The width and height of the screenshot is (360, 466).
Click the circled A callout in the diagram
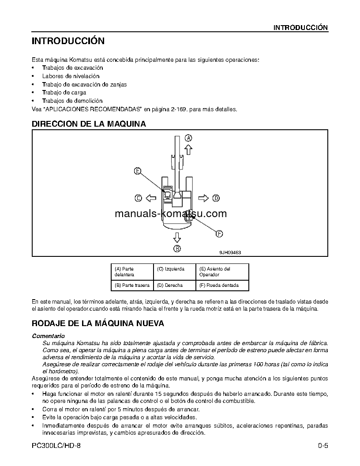(x=188, y=137)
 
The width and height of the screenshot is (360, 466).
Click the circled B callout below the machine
(x=177, y=248)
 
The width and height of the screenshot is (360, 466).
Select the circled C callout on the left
(x=138, y=198)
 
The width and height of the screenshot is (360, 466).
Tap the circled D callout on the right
(x=216, y=198)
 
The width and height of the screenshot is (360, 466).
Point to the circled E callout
(x=138, y=171)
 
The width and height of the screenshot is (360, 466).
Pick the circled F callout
(x=219, y=234)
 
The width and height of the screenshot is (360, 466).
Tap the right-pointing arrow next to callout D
(x=203, y=198)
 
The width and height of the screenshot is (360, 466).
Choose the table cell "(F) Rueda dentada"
(x=222, y=285)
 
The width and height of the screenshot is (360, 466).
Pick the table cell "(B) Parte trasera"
(x=132, y=285)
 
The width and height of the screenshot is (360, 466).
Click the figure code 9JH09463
(x=230, y=253)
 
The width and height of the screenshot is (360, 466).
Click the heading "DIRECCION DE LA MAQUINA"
(x=89, y=124)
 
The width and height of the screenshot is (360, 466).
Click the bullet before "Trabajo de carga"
(x=34, y=93)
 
